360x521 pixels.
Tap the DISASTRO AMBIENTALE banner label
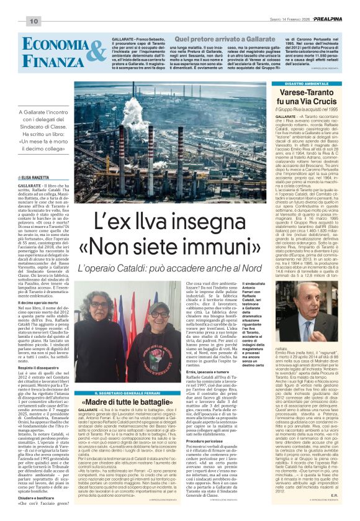click(304, 83)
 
